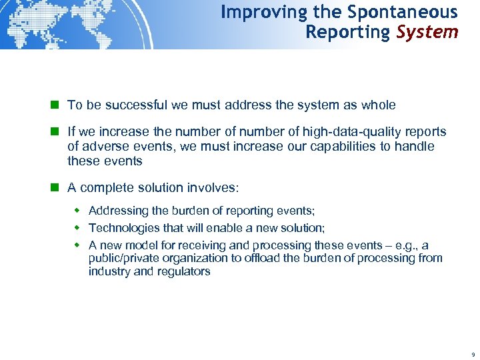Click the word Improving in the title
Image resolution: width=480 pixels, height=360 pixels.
coord(255,12)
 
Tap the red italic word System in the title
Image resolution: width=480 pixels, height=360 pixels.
coord(427,32)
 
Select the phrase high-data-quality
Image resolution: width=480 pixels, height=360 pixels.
coord(351,132)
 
